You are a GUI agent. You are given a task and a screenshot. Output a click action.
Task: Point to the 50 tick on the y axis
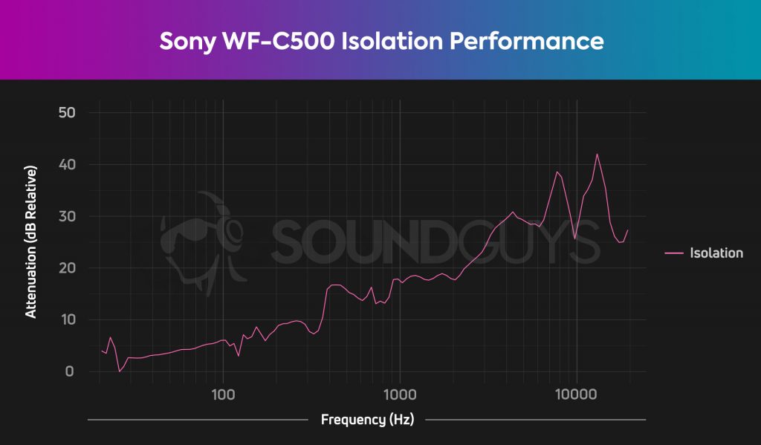tap(68, 112)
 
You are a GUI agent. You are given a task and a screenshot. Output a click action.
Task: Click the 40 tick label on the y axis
tap(68, 164)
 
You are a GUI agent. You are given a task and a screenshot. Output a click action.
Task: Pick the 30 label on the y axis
tap(68, 216)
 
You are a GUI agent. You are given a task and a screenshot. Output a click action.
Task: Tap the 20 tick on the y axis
tap(68, 268)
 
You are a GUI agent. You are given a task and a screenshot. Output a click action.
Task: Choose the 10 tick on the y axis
tap(68, 319)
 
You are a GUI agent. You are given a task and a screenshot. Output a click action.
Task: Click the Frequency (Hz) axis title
tap(367, 420)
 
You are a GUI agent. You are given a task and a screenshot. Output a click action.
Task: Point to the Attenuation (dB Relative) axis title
tap(31, 242)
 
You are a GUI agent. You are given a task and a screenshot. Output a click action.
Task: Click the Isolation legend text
tap(716, 253)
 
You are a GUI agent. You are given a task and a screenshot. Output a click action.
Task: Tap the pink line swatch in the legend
tap(674, 253)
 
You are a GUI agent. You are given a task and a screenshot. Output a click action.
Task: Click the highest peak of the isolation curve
tap(597, 155)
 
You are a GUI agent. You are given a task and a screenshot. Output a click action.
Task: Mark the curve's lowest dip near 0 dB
tap(120, 371)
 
